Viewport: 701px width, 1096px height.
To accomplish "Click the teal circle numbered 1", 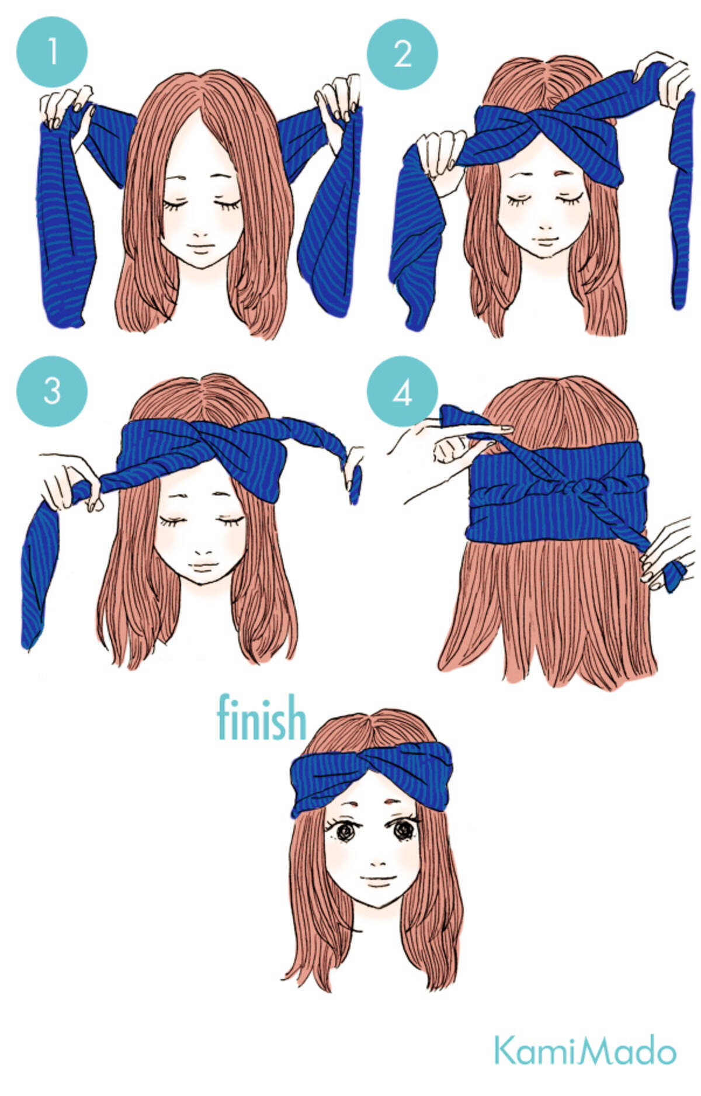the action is [x=52, y=51].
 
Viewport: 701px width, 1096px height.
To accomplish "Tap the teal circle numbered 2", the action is [x=402, y=54].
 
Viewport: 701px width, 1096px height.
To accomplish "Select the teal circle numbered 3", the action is [x=52, y=390].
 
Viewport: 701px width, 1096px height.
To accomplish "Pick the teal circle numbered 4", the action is [x=402, y=391].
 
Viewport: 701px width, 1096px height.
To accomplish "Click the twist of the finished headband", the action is [x=370, y=766].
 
